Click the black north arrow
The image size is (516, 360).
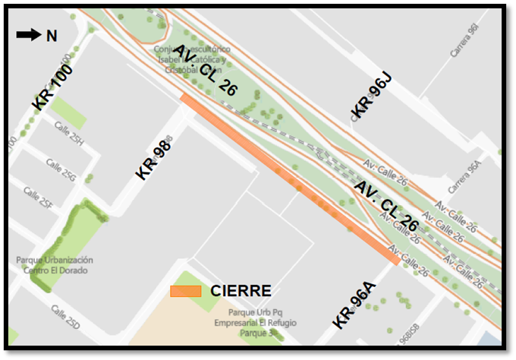pos(28,35)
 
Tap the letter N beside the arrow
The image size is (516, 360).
pos(52,36)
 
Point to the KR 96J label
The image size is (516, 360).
pos(371,96)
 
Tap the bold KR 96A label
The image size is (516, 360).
pos(354,305)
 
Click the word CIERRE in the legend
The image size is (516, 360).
pos(241,291)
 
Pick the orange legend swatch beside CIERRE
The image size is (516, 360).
pos(186,291)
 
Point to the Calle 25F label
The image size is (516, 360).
pos(37,197)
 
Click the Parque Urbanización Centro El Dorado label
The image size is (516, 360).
pos(54,265)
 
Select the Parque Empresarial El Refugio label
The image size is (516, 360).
pos(256,322)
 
